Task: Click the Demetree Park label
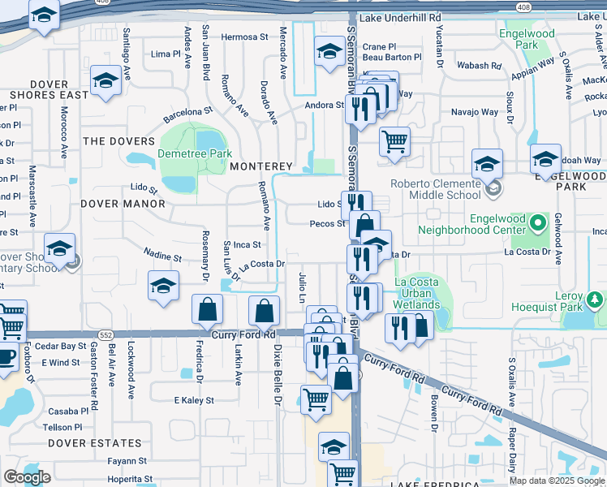tap(195, 153)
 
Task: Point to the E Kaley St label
tap(194, 400)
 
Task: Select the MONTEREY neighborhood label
tap(260, 166)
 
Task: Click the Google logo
tap(27, 477)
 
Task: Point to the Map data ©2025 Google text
tap(557, 481)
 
